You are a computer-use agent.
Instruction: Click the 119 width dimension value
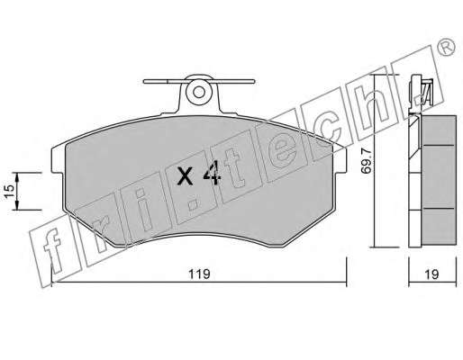199,274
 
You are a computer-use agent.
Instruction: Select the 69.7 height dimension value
367,162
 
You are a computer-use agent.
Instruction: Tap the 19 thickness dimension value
431,274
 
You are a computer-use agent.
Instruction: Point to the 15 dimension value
9,191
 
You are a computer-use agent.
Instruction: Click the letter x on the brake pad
185,176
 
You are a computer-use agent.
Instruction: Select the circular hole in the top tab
199,92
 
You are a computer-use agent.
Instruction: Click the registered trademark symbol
447,48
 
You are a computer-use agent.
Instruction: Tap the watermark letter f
53,250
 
